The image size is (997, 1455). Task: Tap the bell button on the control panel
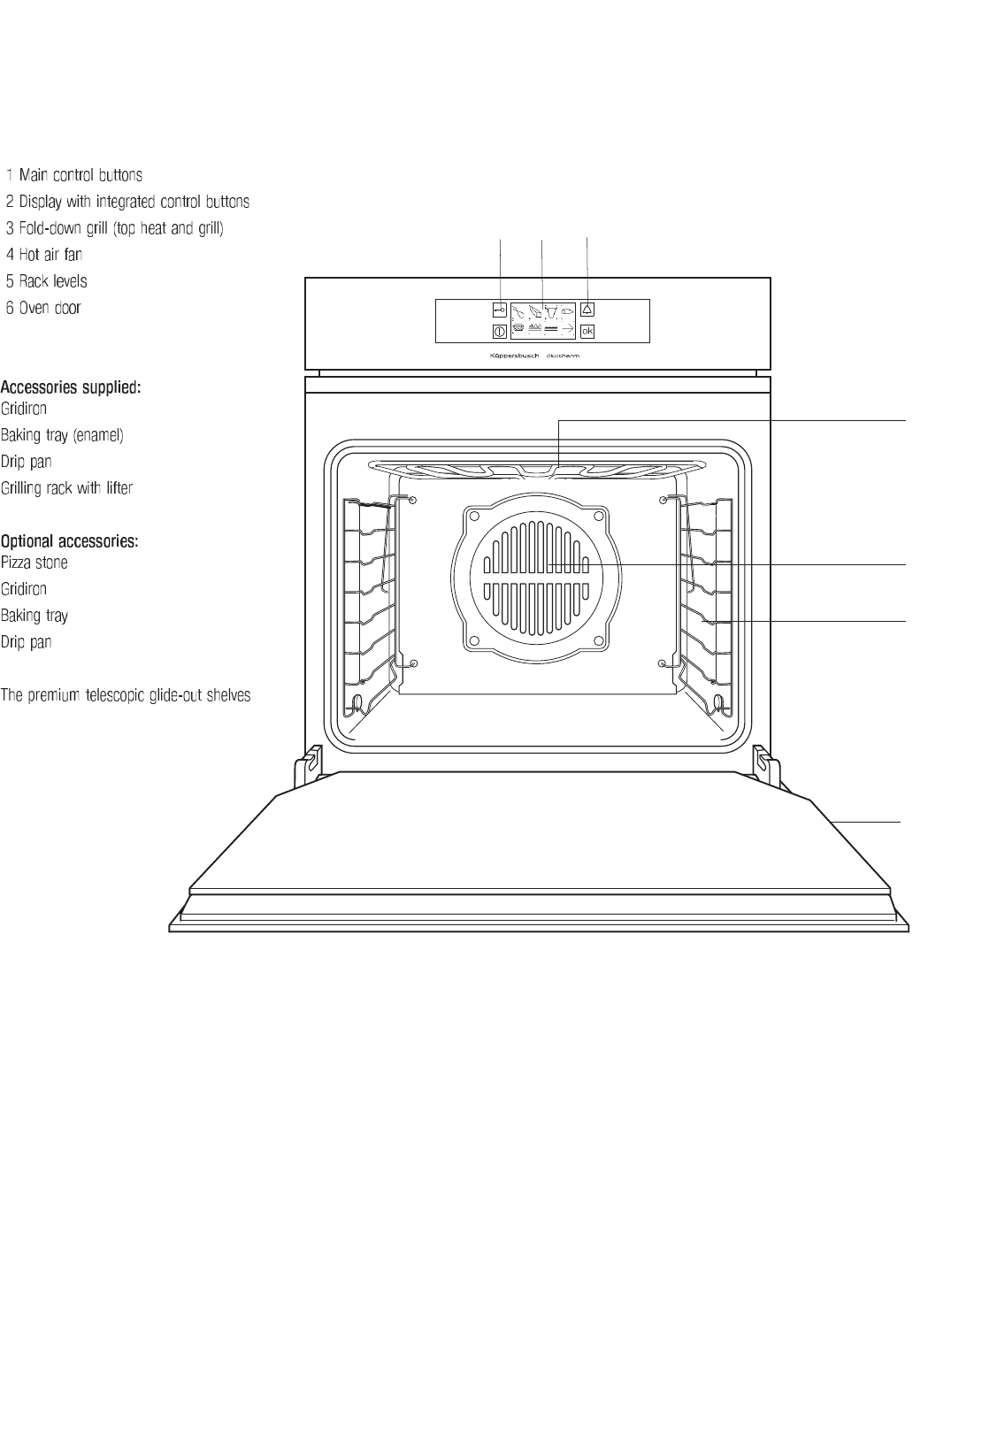[587, 310]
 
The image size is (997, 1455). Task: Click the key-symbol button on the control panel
[499, 310]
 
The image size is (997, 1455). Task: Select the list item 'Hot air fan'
[45, 255]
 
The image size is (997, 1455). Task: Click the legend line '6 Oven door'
[43, 308]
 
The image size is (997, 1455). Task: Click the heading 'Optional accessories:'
[69, 541]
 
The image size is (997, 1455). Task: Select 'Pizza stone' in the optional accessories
[35, 563]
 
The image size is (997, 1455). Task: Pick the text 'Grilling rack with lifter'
[66, 488]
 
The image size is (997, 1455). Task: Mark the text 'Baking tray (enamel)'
[62, 435]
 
